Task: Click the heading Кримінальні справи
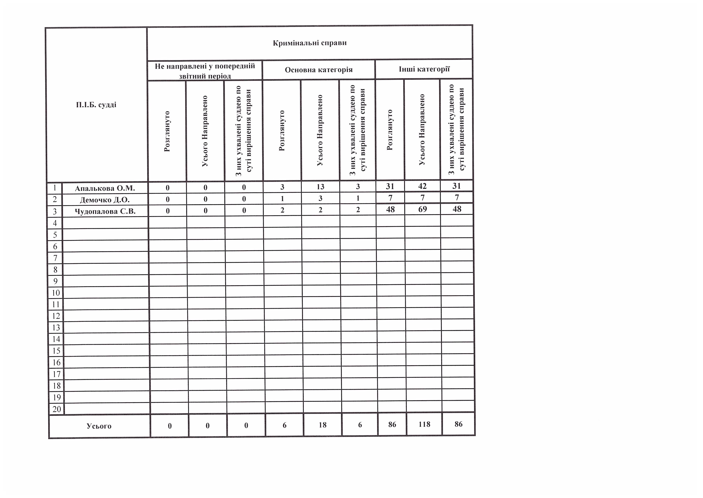click(309, 43)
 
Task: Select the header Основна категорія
click(319, 70)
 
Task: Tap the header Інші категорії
click(424, 69)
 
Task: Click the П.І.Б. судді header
click(96, 105)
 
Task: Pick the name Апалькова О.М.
click(105, 188)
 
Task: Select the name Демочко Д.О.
click(105, 200)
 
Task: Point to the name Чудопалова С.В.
click(105, 211)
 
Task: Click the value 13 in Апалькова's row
click(320, 187)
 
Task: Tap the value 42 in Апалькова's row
click(422, 186)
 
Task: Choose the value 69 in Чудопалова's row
click(422, 209)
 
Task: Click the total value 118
click(424, 424)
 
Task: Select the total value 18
click(322, 425)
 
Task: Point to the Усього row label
click(99, 426)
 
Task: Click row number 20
click(57, 409)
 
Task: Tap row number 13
click(56, 328)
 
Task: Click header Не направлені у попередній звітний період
click(205, 71)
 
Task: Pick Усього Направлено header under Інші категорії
click(422, 130)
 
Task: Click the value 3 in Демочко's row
click(320, 198)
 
